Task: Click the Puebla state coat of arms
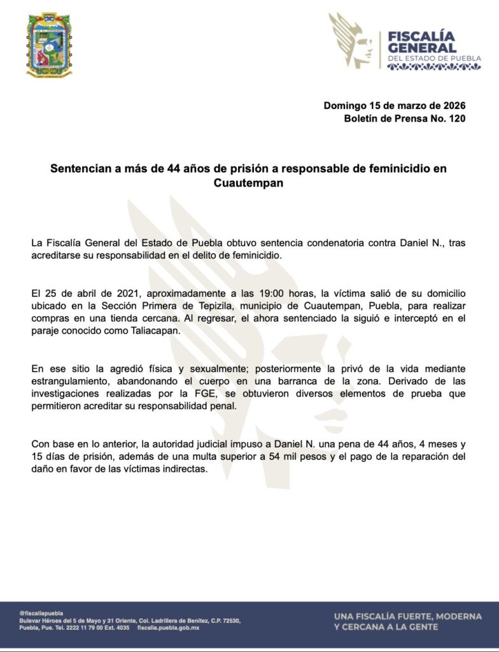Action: tap(49, 45)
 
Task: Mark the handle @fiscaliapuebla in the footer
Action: tap(41, 613)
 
